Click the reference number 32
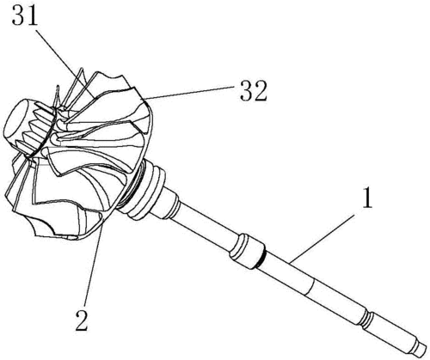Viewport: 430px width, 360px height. (254, 91)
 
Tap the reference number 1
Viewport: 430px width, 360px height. (367, 198)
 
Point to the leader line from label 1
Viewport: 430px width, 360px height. (322, 238)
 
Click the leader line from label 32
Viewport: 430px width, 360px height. (190, 92)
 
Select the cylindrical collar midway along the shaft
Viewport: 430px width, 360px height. (246, 251)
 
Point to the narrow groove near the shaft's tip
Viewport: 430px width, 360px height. (368, 320)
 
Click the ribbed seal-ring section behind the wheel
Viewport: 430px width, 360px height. (146, 188)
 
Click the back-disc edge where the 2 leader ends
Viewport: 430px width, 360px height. (103, 224)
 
